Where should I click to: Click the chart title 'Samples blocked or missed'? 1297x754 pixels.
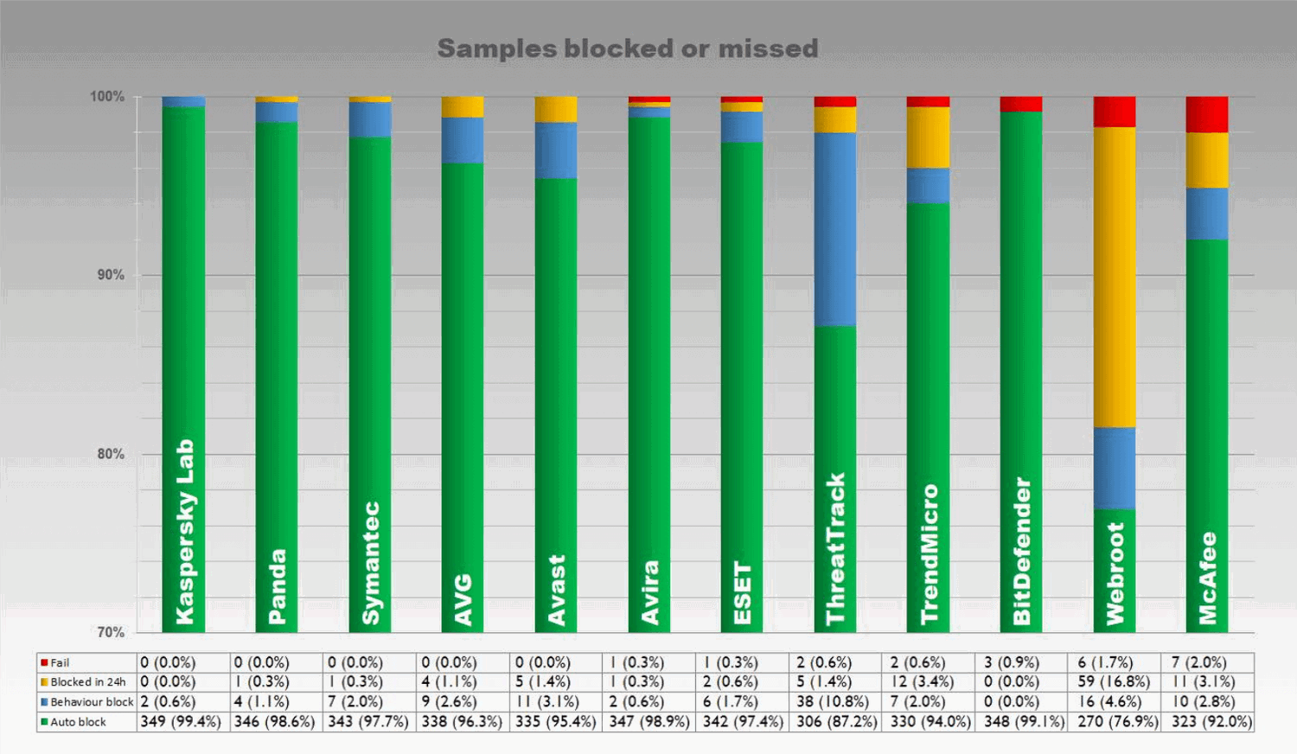628,48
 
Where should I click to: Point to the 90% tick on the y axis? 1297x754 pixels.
110,275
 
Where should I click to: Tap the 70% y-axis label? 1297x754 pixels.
110,632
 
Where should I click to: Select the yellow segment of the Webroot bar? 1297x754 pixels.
1115,277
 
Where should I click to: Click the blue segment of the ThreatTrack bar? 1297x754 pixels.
835,229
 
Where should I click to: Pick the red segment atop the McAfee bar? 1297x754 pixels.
1207,114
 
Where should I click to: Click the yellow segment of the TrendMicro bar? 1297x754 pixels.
928,137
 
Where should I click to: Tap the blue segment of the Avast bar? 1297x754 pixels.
556,150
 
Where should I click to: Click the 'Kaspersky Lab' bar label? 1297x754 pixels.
185,531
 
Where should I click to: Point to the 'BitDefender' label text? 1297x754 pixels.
1022,551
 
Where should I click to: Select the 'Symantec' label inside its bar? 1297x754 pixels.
370,563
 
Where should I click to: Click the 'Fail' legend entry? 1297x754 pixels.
60,662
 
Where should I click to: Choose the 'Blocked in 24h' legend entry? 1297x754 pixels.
87,682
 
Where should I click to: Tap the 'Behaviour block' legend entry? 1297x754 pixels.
92,702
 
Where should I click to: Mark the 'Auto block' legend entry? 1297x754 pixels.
78,722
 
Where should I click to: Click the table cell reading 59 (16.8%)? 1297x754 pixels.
1114,682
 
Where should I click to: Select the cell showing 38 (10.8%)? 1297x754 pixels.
834,702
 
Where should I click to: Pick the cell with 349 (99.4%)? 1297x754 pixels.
181,722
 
